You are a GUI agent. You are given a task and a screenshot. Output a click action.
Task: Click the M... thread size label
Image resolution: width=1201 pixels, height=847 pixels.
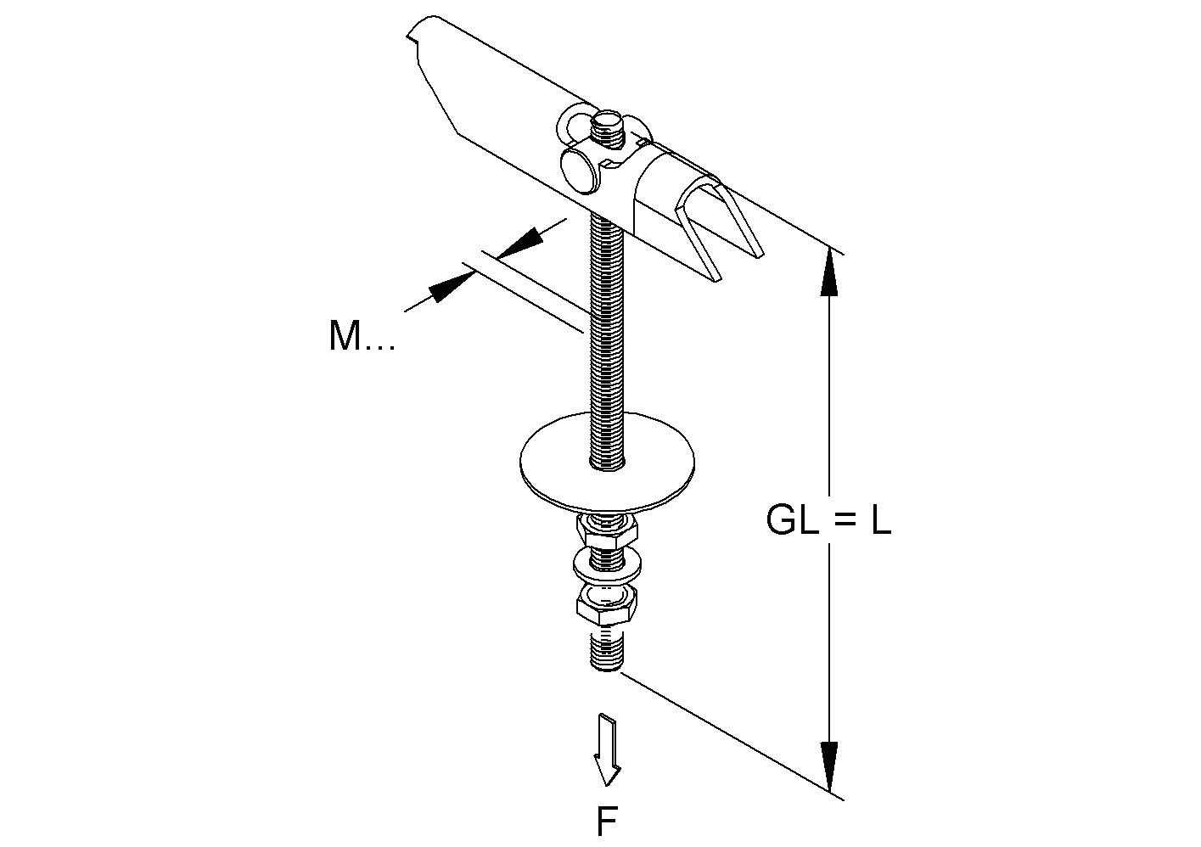[x=361, y=337]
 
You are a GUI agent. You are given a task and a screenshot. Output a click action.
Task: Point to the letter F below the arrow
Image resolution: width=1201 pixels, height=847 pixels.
[x=606, y=821]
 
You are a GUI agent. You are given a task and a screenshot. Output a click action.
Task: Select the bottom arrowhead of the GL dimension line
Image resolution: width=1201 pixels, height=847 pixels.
[x=830, y=763]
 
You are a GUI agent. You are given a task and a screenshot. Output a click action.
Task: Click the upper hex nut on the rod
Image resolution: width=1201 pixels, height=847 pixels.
[x=606, y=533]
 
